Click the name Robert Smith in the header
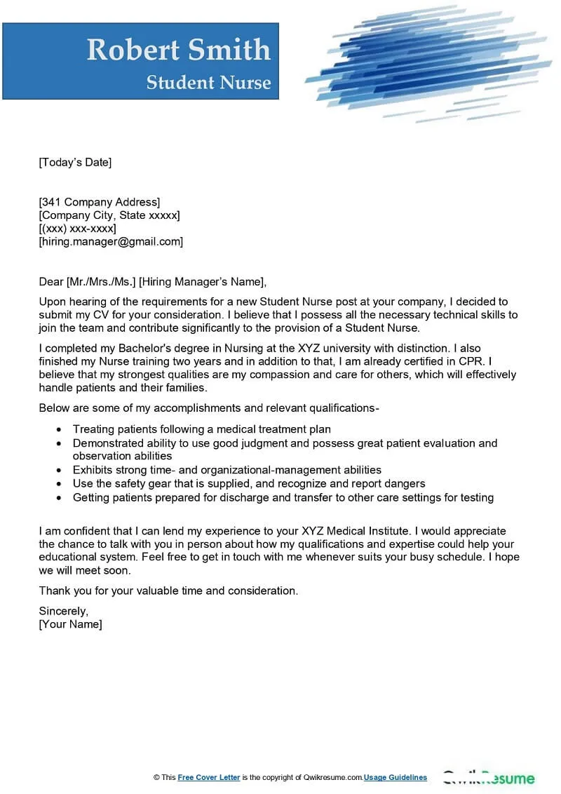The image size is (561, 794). point(178,50)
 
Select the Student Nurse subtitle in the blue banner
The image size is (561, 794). point(208,83)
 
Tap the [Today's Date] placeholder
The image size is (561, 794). point(75,163)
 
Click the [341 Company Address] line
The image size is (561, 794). point(99,203)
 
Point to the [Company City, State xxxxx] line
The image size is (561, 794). point(109,215)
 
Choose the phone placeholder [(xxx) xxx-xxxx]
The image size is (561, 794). point(77,229)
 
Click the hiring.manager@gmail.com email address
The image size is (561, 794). point(111,242)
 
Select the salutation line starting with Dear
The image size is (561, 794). point(153,283)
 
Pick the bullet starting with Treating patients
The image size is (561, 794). point(202,429)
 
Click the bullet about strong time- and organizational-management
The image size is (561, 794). point(227,470)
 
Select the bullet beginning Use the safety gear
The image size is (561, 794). point(249,484)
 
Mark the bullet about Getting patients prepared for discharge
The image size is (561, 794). point(283,498)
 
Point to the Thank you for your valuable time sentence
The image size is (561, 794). point(168,591)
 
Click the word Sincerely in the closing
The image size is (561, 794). point(63,612)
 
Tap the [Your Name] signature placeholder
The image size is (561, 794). point(70,624)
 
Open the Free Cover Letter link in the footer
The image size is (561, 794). point(209,778)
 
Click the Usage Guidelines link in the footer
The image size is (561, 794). point(396,778)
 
